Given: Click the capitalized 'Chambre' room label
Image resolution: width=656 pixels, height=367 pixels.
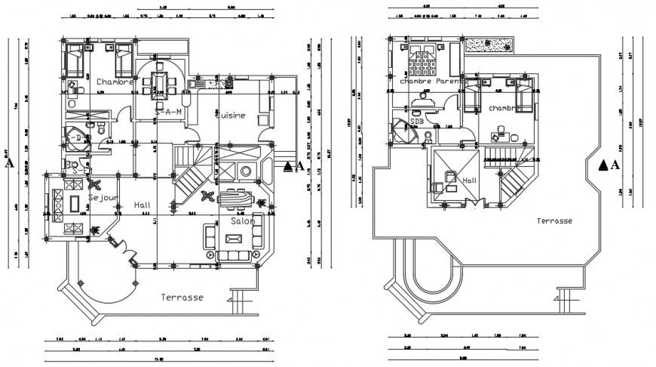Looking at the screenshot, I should [115, 81].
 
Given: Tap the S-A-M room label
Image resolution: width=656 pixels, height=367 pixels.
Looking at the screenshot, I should [169, 112].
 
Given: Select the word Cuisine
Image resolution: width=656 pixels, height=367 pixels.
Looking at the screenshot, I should [229, 115].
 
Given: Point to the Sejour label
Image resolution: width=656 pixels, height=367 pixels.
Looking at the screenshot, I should [103, 196].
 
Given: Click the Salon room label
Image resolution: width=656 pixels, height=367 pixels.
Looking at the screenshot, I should [244, 222].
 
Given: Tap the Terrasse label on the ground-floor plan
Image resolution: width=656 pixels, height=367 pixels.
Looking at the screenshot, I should [182, 298].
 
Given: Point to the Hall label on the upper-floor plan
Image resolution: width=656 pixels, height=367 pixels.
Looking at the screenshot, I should [470, 180].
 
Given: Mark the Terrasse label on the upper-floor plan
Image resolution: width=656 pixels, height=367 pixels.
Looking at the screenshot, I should [554, 221].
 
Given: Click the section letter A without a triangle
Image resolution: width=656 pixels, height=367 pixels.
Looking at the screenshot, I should [8, 162].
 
